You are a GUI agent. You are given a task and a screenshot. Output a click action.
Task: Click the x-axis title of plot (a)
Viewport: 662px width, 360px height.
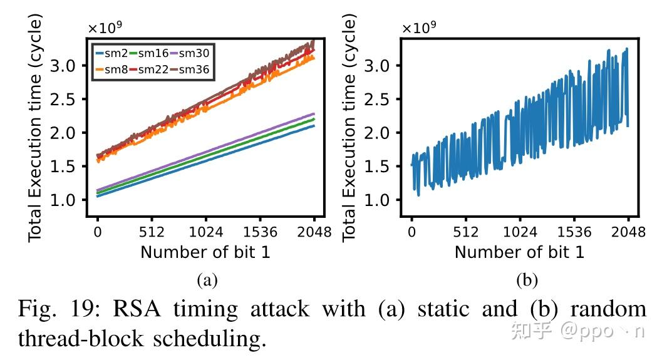tap(206, 252)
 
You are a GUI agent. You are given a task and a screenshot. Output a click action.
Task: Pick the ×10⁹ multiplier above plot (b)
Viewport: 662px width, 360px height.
tap(418, 28)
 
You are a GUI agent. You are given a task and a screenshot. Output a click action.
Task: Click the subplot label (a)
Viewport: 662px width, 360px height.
tap(207, 280)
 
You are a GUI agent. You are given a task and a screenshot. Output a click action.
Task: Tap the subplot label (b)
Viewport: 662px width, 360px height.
tap(527, 280)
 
